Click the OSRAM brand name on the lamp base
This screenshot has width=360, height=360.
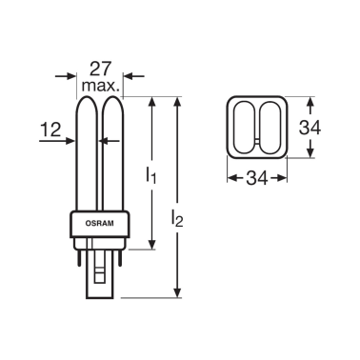click(99, 223)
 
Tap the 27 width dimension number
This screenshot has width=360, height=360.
click(101, 69)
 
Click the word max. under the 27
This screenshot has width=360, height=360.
click(101, 86)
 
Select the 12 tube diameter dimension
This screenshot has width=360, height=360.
click(50, 130)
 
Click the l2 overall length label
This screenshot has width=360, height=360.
click(177, 218)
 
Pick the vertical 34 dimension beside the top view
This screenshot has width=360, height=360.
click(310, 128)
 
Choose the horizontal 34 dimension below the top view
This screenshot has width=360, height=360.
click(257, 178)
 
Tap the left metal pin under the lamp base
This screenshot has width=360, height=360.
click(79, 256)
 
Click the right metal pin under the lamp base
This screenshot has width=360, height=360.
click(120, 256)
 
